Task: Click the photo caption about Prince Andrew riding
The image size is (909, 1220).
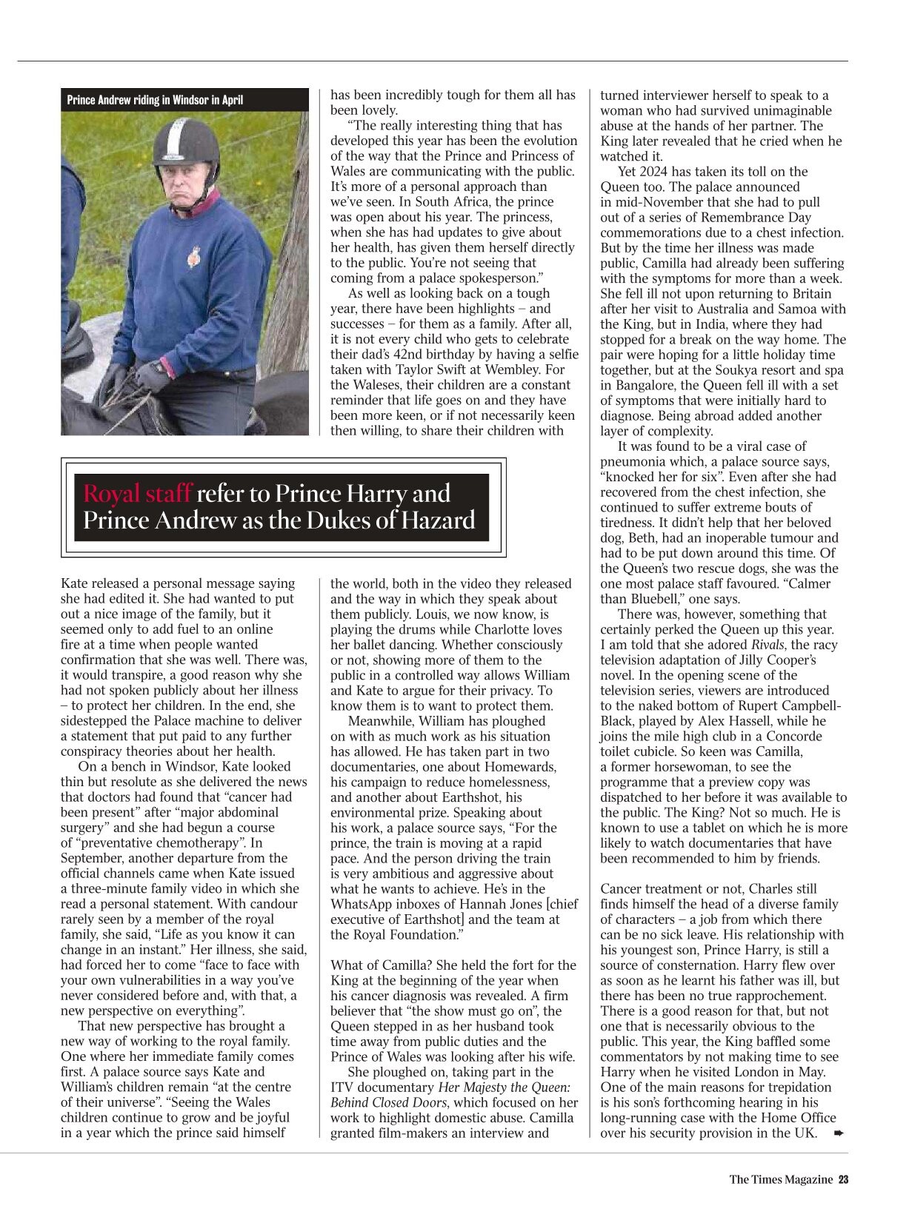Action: (155, 100)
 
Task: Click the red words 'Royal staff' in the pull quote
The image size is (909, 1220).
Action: (138, 494)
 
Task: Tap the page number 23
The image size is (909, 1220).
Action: (843, 1180)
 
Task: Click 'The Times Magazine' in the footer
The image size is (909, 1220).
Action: (781, 1180)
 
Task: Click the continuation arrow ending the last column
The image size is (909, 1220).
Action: (838, 1133)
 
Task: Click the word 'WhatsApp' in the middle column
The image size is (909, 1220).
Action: (360, 905)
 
